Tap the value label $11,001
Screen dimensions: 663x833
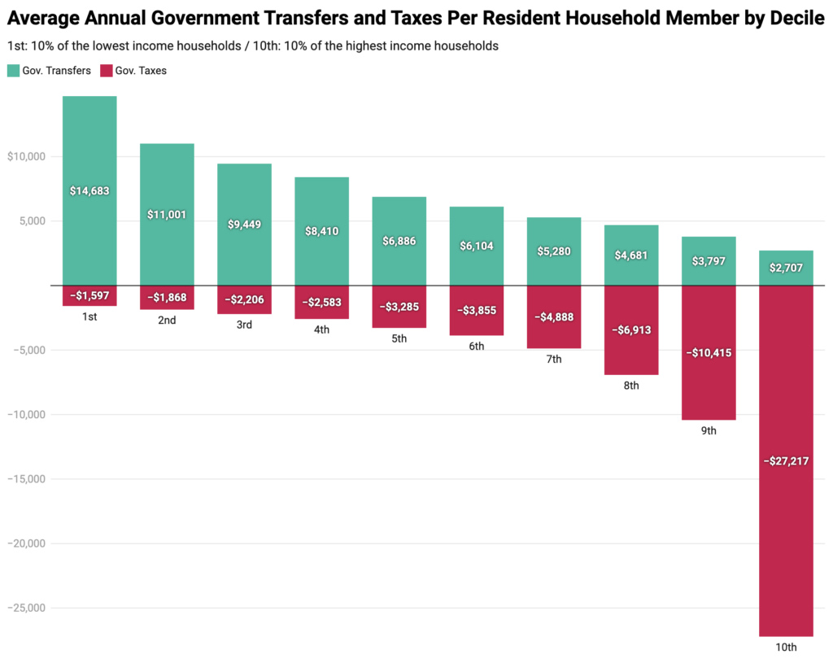pyautogui.click(x=167, y=215)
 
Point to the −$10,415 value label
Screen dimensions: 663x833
pyautogui.click(x=709, y=353)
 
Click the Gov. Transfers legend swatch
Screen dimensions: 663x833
pyautogui.click(x=13, y=71)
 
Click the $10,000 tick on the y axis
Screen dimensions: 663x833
pyautogui.click(x=26, y=156)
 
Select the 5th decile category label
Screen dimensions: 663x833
pyautogui.click(x=399, y=338)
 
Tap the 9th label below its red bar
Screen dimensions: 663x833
pyautogui.click(x=709, y=430)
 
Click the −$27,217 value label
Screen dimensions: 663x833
pyautogui.click(x=786, y=461)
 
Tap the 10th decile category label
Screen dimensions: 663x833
pyautogui.click(x=786, y=648)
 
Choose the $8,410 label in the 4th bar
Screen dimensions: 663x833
pyautogui.click(x=321, y=231)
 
